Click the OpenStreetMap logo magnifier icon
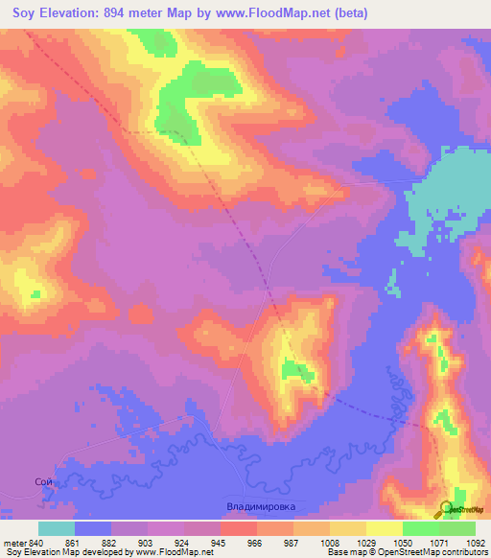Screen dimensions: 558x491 (x=446, y=509)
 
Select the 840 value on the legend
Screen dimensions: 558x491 (x=36, y=543)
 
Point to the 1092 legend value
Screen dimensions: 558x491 (x=475, y=543)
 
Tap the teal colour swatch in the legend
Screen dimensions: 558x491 (x=57, y=528)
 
